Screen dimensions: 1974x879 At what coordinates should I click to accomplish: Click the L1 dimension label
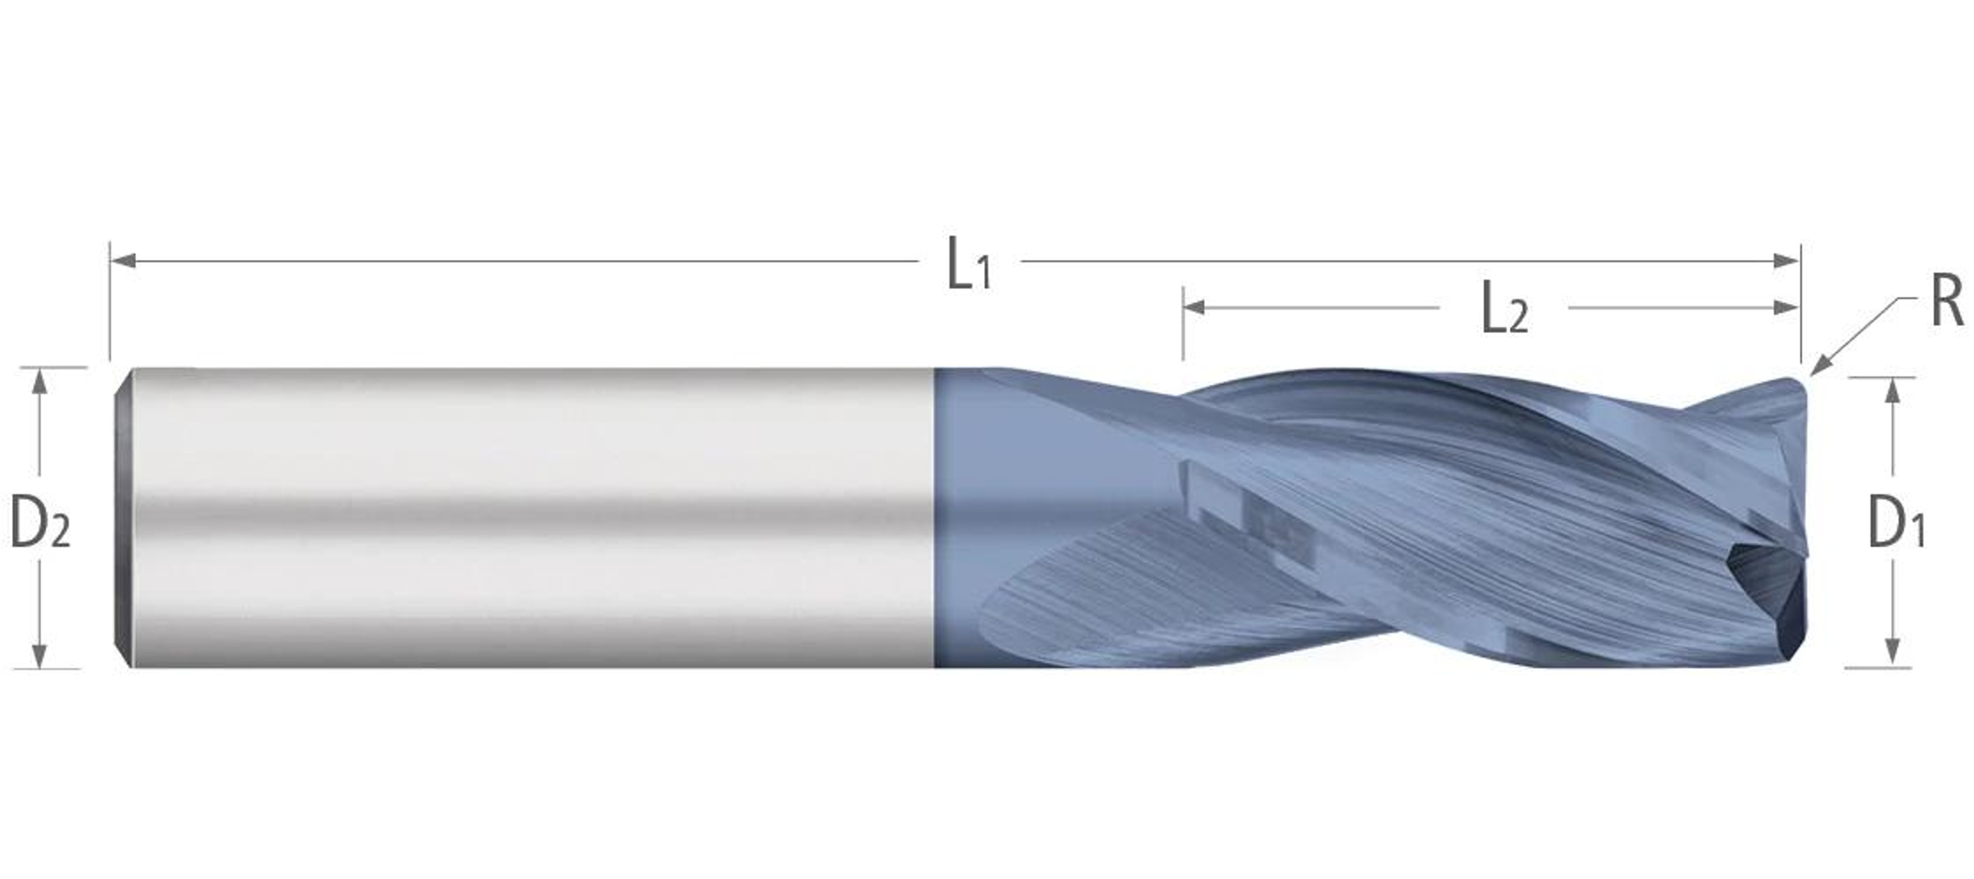tap(970, 264)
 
